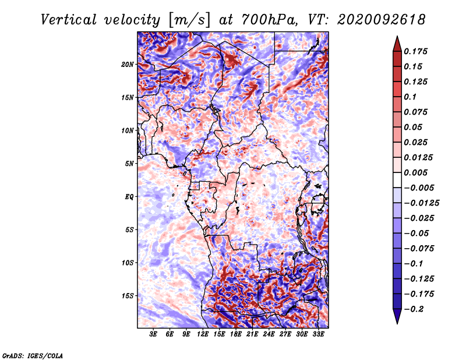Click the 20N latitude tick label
pyautogui.click(x=128, y=65)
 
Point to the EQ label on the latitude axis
pyautogui.click(x=129, y=197)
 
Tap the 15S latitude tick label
pyautogui.click(x=128, y=296)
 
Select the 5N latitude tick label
pyautogui.click(x=129, y=164)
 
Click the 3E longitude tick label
pyautogui.click(x=153, y=334)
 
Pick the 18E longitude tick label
pyautogui.click(x=236, y=334)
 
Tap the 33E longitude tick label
pyautogui.click(x=318, y=334)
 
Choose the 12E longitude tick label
pyautogui.click(x=203, y=334)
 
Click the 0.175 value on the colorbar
pyautogui.click(x=415, y=51)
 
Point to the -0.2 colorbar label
pyautogui.click(x=414, y=309)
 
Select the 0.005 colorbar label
pyautogui.click(x=415, y=172)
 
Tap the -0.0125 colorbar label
pyautogui.click(x=421, y=203)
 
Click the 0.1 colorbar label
pyautogui.click(x=410, y=97)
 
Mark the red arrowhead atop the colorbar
pyautogui.click(x=397, y=44)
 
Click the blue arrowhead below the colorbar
pyautogui.click(x=397, y=316)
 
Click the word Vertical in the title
pyautogui.click(x=69, y=20)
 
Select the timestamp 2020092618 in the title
pyautogui.click(x=382, y=20)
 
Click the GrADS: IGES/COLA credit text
pyautogui.click(x=33, y=356)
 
